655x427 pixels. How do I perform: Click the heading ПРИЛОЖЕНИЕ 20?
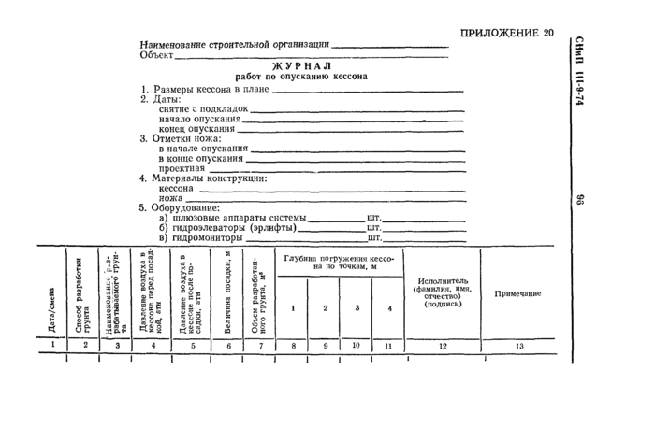click(x=506, y=35)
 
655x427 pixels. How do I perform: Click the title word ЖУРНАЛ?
click(x=300, y=66)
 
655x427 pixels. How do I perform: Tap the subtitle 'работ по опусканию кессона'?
click(x=300, y=78)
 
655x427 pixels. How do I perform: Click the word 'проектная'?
click(x=182, y=168)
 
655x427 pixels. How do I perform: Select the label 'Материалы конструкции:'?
click(x=210, y=178)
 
